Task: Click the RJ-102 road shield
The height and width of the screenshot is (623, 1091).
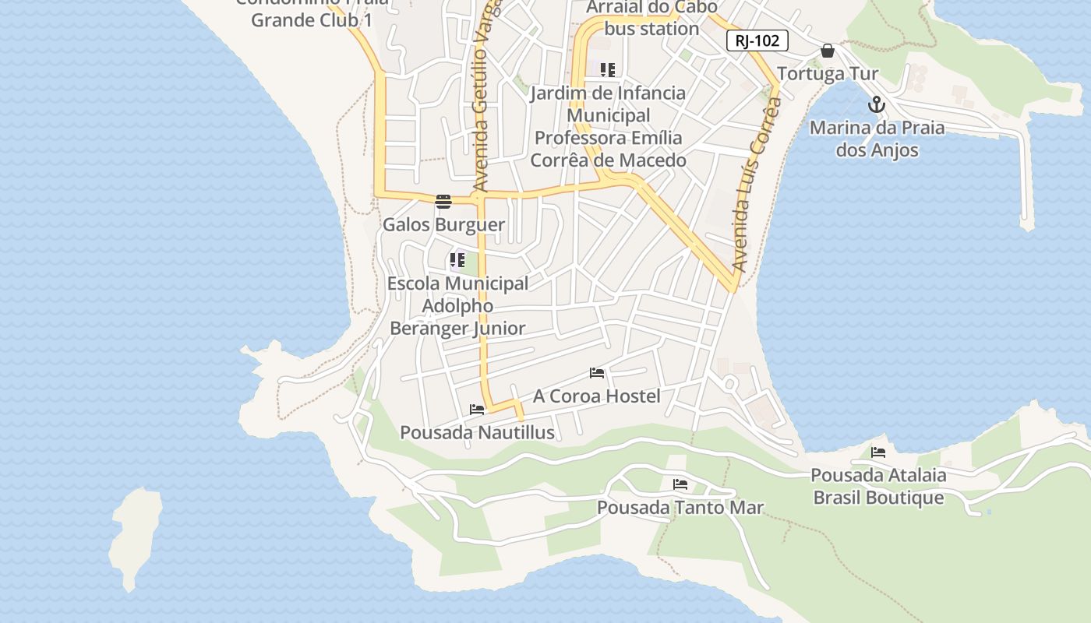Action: click(757, 40)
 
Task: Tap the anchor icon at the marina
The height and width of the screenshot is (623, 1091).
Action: click(877, 104)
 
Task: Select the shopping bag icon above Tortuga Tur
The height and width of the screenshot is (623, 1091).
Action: click(828, 51)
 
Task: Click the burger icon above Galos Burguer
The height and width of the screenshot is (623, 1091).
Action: click(443, 202)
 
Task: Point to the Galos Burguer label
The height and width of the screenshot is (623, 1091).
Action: click(443, 225)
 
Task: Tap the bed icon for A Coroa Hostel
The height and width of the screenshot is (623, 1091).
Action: click(597, 373)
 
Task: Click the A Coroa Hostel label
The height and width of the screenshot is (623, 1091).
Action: click(596, 396)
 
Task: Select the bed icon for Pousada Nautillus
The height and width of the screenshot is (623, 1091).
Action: click(477, 410)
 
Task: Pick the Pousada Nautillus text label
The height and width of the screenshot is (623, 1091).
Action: click(477, 433)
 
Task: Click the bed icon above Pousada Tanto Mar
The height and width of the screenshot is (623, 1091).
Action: click(680, 484)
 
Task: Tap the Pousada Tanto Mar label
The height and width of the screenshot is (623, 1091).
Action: click(680, 508)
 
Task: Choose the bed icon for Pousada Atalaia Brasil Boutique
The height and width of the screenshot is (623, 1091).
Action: click(878, 452)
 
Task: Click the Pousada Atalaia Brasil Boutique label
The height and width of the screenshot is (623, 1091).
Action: click(878, 486)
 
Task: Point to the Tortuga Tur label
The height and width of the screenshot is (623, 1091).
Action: click(828, 74)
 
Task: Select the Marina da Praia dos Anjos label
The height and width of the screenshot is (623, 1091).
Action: click(877, 139)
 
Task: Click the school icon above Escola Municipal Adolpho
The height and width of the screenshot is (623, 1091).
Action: click(457, 260)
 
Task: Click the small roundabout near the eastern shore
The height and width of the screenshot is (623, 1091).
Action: click(730, 383)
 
